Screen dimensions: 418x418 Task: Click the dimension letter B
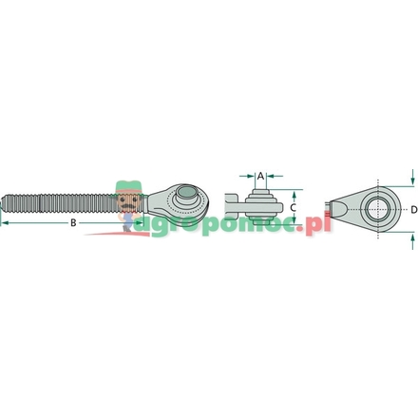point(73,224)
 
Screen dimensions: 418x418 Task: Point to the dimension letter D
point(413,207)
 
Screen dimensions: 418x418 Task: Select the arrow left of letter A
point(249,176)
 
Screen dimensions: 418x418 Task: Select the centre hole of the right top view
point(377,206)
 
